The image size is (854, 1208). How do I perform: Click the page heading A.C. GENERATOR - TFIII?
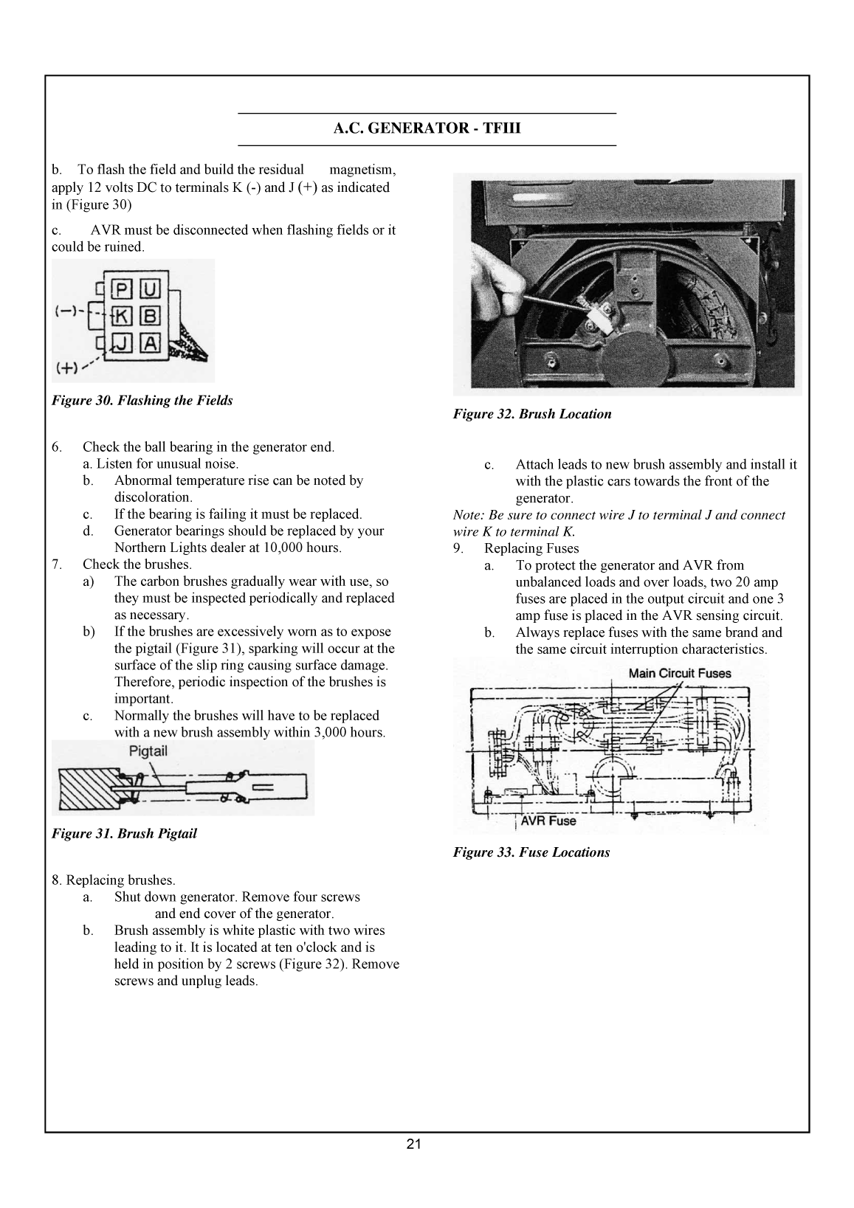[427, 129]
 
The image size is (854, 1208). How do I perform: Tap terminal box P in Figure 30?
[122, 289]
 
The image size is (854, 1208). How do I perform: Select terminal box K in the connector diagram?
[122, 316]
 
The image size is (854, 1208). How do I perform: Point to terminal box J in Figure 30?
[122, 342]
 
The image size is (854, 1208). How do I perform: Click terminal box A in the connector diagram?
[150, 342]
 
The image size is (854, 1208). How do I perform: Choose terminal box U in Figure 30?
[150, 289]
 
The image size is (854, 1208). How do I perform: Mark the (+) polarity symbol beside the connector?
[67, 367]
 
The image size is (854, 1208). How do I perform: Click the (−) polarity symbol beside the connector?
[67, 311]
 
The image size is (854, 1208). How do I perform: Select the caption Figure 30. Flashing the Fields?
[142, 401]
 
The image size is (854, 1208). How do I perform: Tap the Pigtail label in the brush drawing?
[148, 751]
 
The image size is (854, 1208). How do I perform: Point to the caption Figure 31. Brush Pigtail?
[124, 834]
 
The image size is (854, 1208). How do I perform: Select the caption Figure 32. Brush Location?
[532, 414]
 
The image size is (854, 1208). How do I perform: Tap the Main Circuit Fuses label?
[679, 673]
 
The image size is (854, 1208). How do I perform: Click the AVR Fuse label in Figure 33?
[548, 821]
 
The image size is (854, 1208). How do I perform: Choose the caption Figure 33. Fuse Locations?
[531, 852]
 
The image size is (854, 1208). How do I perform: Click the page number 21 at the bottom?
[413, 1145]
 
